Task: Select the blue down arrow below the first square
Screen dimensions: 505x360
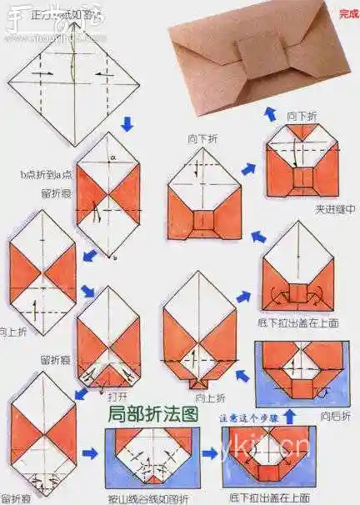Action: pos(127,124)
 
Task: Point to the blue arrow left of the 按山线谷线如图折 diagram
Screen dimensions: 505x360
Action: pos(91,455)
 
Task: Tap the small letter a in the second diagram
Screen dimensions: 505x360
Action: pos(111,157)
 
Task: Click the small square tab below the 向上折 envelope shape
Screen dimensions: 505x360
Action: pos(199,382)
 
